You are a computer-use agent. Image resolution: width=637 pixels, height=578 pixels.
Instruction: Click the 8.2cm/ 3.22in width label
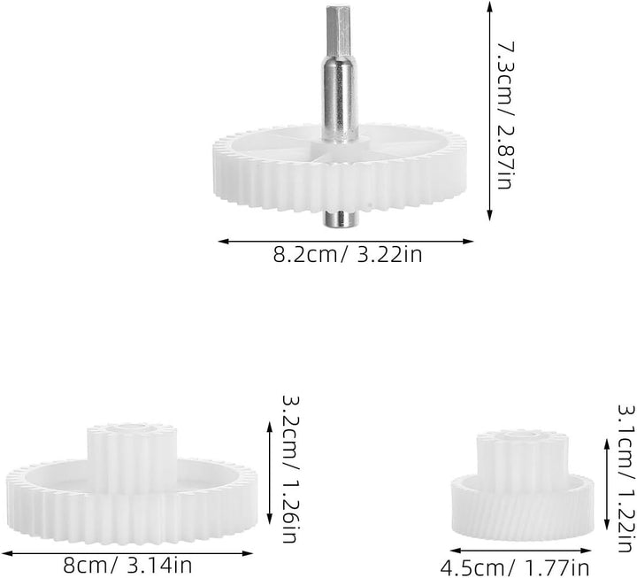coord(348,255)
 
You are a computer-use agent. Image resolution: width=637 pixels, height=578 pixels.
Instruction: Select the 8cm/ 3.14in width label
coord(127,565)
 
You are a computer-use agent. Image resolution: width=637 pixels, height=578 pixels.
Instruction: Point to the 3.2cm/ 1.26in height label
coord(290,469)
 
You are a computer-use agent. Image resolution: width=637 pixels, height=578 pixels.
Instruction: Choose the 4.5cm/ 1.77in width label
coord(515,568)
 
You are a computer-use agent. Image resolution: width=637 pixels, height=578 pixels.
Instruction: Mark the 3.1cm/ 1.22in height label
coord(626,478)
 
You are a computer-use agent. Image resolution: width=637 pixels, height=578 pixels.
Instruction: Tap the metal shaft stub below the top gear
coord(339,219)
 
